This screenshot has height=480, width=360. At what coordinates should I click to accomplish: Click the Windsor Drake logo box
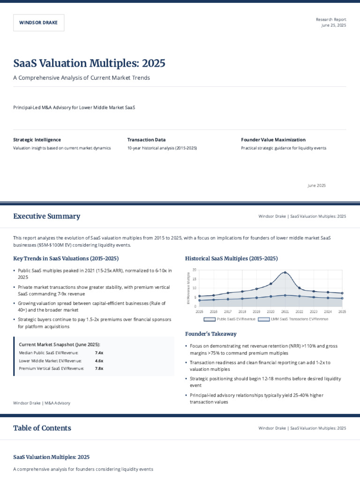coord(39,22)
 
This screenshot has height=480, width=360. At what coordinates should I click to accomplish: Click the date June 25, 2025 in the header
coord(333,25)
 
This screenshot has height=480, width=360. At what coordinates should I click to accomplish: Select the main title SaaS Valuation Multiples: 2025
coord(89,63)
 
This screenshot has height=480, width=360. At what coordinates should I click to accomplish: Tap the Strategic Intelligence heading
coord(37,140)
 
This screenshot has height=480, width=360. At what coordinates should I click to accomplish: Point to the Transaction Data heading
coord(146,140)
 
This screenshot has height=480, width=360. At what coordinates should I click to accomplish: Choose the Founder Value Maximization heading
coord(273,140)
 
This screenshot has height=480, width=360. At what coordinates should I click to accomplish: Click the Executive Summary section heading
coord(46,216)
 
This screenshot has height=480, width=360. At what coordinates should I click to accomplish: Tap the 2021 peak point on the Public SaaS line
coord(285,272)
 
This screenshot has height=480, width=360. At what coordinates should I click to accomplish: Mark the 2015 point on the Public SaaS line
coord(199,296)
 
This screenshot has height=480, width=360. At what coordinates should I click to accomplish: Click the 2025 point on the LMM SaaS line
coord(342,298)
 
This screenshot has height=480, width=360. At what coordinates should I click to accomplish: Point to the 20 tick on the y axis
coord(194,270)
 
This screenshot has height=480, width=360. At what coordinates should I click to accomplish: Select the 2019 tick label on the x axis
coord(256,311)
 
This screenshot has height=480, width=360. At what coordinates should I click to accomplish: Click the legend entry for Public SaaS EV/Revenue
coord(230,319)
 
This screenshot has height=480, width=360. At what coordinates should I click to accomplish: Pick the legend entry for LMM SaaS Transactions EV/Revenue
coord(293,319)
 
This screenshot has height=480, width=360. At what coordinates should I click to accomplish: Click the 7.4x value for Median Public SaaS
coord(99,352)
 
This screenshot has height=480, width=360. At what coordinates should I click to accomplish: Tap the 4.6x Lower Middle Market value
coord(99,360)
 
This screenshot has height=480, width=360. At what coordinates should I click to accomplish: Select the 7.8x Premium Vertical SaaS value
coord(99,368)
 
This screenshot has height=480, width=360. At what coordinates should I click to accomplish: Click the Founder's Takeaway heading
coord(211,334)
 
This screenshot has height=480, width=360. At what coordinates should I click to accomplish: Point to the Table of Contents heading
coord(42,428)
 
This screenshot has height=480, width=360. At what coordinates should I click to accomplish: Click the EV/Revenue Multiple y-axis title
coord(188,288)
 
